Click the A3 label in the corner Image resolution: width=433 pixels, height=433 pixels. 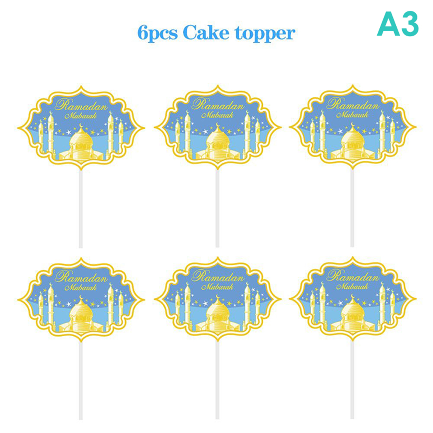pyautogui.click(x=398, y=24)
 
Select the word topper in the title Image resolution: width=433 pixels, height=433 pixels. pyautogui.click(x=265, y=34)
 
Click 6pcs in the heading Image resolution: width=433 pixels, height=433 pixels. pyautogui.click(x=157, y=34)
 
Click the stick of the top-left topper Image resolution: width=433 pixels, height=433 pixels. pyautogui.click(x=81, y=209)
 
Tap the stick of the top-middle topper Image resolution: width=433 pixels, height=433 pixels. pyautogui.click(x=217, y=208)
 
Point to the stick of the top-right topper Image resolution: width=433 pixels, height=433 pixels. pyautogui.click(x=352, y=208)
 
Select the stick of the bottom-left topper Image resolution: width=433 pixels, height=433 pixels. pyautogui.click(x=81, y=381)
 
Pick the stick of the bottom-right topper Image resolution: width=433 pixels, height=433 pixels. pyautogui.click(x=352, y=380)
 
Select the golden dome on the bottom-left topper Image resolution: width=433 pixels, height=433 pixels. pyautogui.click(x=81, y=311)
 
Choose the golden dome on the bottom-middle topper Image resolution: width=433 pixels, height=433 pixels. pyautogui.click(x=218, y=310)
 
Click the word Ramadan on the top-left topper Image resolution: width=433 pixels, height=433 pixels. pyautogui.click(x=81, y=105)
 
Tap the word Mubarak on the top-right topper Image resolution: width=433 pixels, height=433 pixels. pyautogui.click(x=352, y=115)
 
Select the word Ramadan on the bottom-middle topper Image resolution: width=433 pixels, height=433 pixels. pyautogui.click(x=218, y=277)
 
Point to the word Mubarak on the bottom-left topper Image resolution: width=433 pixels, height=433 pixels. pyautogui.click(x=81, y=287)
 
